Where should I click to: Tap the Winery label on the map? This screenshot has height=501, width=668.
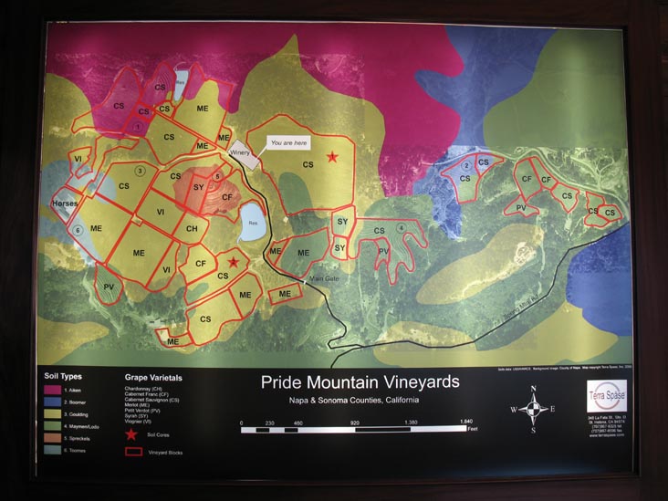click(240, 152)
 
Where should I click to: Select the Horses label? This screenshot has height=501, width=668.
click(65, 204)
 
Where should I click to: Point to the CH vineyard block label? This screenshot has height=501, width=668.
click(191, 229)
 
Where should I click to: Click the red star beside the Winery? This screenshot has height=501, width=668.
click(333, 157)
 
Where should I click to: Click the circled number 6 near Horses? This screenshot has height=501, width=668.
click(78, 230)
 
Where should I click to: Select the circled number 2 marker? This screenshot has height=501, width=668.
click(465, 165)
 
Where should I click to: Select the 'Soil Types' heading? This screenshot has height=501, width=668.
click(64, 375)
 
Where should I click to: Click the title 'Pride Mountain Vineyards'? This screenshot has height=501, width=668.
click(360, 381)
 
